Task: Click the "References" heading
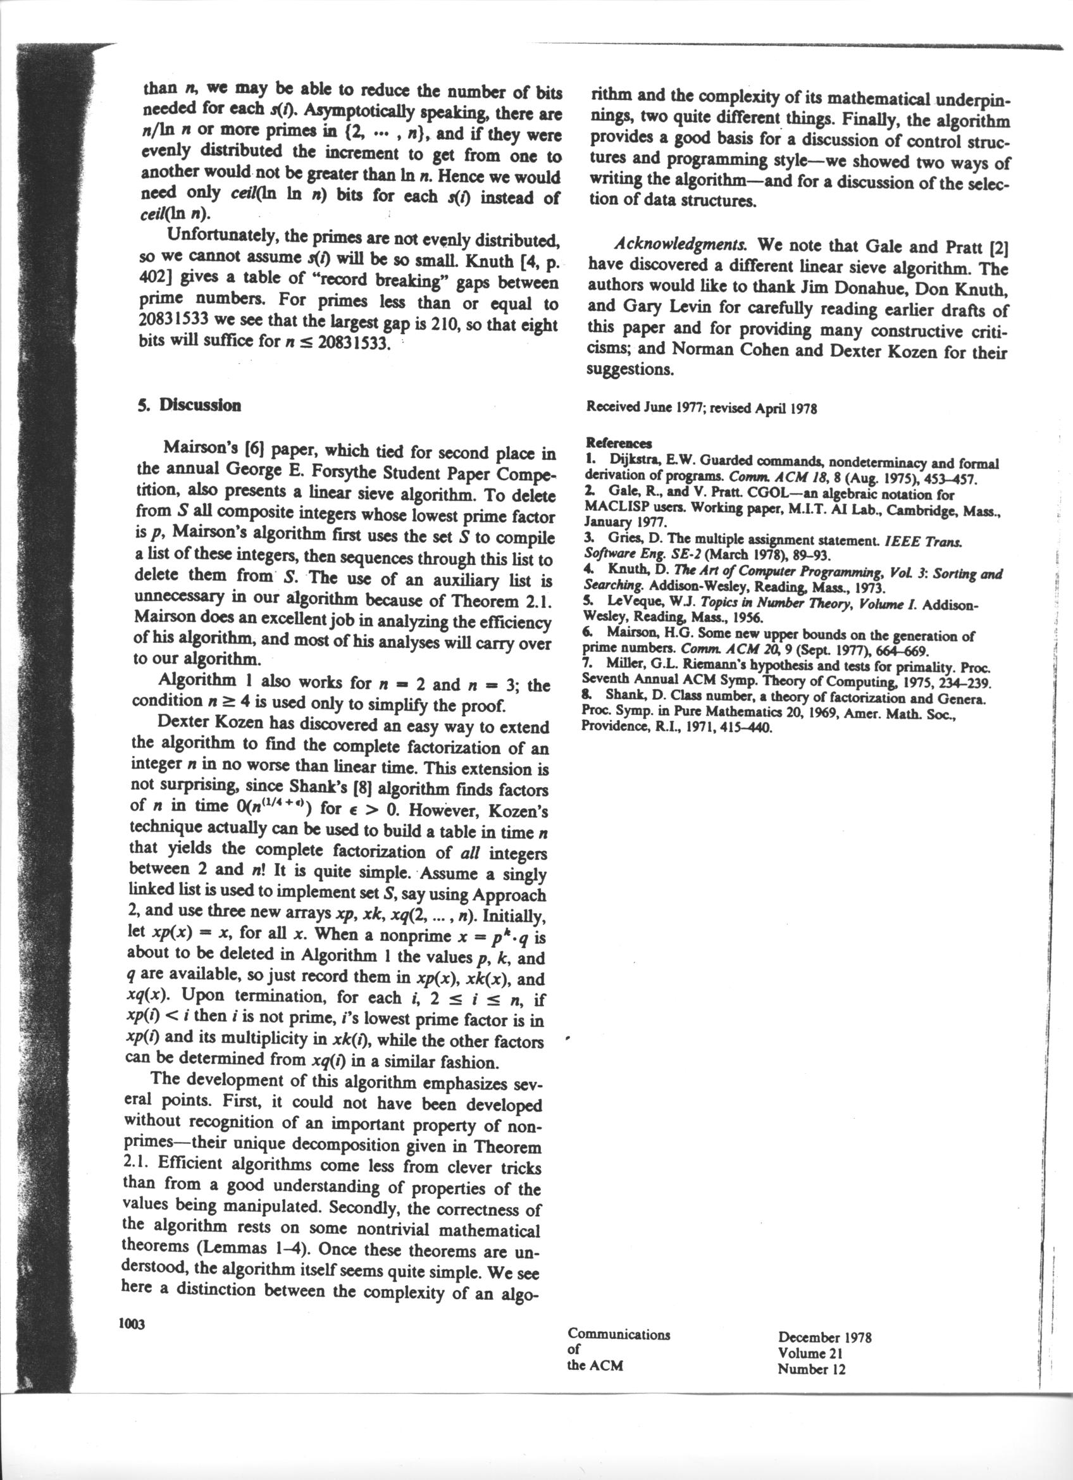click(618, 443)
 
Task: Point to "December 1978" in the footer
click(824, 1337)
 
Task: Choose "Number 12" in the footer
click(812, 1369)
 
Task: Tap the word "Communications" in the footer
click(618, 1334)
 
